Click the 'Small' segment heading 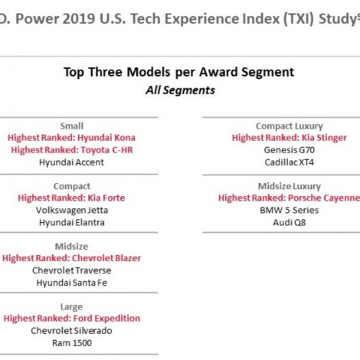pos(72,126)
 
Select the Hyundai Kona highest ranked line pos(71,138)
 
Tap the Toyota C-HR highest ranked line pos(72,150)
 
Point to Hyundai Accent pos(71,162)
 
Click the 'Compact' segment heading pos(72,186)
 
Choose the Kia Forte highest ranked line pos(71,198)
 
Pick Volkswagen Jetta pos(72,211)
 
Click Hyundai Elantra pos(72,223)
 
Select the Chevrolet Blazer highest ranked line pos(71,258)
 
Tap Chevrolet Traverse pos(72,270)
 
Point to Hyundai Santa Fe pos(72,283)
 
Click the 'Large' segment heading pos(71,307)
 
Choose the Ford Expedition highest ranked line pos(72,319)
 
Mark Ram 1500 pos(72,343)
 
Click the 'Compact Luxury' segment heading pos(290,126)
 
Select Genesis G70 pos(290,150)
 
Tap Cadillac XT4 pos(290,162)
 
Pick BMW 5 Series pos(290,211)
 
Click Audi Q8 pos(290,223)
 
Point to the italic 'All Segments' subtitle pos(180,90)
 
